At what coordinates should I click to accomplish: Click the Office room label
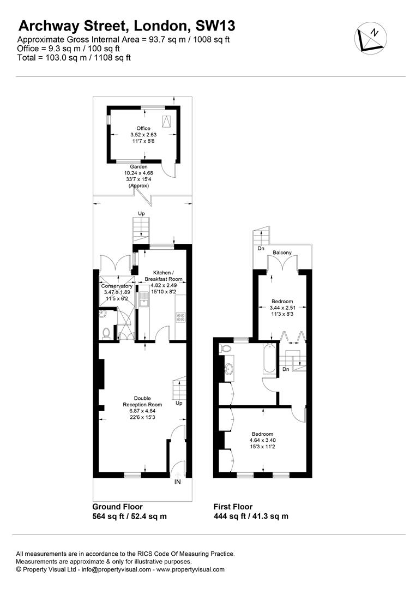pyautogui.click(x=143, y=128)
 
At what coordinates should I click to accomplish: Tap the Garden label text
pyautogui.click(x=138, y=166)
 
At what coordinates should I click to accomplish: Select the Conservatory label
pyautogui.click(x=117, y=286)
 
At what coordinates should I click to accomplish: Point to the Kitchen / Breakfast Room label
pyautogui.click(x=164, y=276)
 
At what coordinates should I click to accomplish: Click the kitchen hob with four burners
pyautogui.click(x=180, y=318)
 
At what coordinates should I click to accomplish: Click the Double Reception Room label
pyautogui.click(x=142, y=401)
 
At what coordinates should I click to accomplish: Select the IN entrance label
pyautogui.click(x=178, y=482)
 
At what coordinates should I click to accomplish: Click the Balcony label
pyautogui.click(x=282, y=253)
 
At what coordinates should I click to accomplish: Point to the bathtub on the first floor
pyautogui.click(x=269, y=358)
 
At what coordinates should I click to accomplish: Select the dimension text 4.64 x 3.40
pyautogui.click(x=262, y=440)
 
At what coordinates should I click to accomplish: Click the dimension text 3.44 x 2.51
pyautogui.click(x=282, y=308)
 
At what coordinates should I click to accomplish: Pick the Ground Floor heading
pyautogui.click(x=118, y=506)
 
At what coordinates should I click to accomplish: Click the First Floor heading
pyautogui.click(x=233, y=506)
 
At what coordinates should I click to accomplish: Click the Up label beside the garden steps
pyautogui.click(x=141, y=213)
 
